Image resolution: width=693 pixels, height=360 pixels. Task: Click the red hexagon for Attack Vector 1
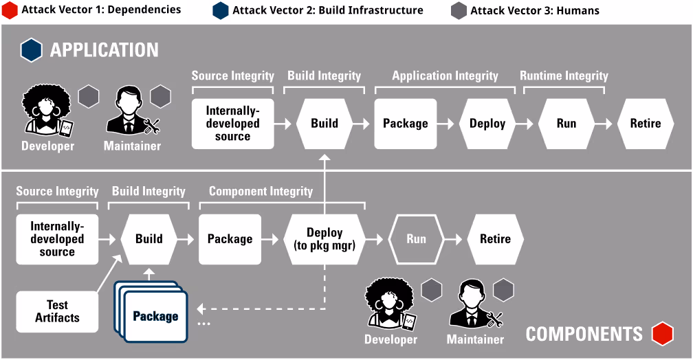(10, 10)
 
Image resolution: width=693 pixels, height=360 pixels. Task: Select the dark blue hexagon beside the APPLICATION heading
(32, 50)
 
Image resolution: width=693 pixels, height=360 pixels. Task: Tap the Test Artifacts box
(57, 311)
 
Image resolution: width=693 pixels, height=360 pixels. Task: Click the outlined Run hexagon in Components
(416, 239)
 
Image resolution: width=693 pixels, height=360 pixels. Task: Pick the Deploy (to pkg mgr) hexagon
(324, 239)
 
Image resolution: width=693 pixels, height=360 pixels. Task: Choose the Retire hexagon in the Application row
(646, 124)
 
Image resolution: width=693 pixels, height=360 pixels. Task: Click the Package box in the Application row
(405, 124)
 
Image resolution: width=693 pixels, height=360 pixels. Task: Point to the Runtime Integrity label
(564, 76)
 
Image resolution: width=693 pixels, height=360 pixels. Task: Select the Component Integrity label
(261, 191)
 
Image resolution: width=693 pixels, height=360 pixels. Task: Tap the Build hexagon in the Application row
(324, 124)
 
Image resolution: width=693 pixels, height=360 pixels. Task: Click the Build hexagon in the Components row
(148, 239)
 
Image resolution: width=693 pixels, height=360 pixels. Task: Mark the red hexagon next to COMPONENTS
(663, 334)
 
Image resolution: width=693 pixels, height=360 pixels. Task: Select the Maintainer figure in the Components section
(474, 305)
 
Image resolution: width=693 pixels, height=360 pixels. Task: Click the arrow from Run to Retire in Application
(604, 124)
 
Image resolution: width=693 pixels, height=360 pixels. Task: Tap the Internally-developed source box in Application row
(232, 124)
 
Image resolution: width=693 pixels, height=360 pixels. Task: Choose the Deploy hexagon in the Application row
(487, 124)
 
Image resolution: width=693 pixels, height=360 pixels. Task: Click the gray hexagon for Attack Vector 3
(459, 10)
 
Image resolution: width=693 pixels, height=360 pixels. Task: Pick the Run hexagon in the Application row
(566, 124)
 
